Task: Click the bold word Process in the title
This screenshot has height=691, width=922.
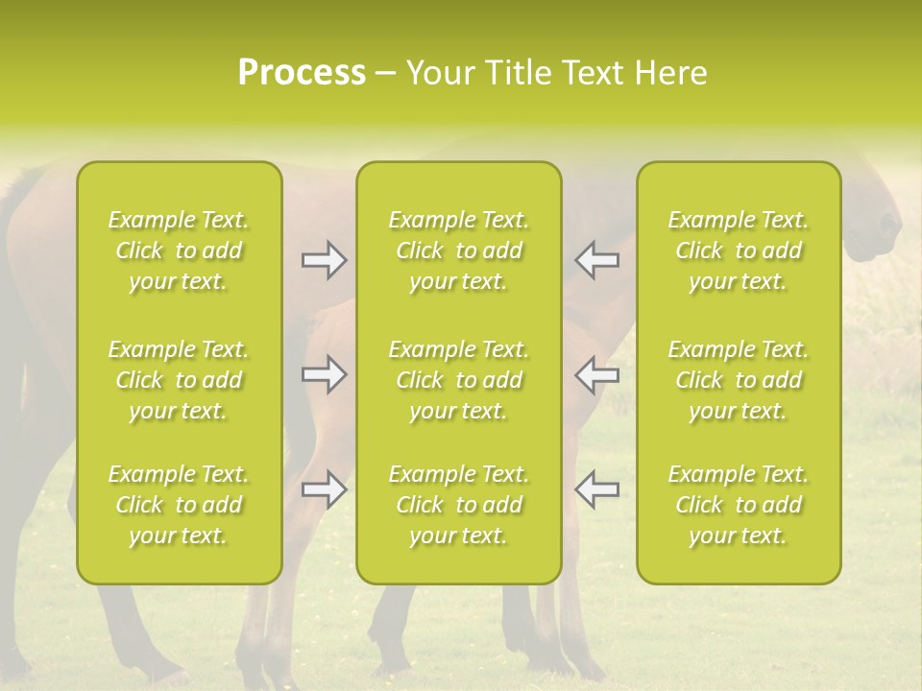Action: [x=302, y=73]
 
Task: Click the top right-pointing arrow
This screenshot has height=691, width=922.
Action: [x=325, y=260]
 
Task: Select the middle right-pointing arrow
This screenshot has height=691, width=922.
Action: [x=325, y=374]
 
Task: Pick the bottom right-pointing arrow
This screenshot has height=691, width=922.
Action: [x=325, y=489]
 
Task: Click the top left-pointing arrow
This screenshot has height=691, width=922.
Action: [x=596, y=260]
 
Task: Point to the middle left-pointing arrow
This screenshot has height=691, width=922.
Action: [x=596, y=374]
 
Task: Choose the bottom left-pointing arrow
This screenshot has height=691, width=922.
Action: [x=596, y=489]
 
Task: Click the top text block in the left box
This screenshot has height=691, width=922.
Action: [x=179, y=250]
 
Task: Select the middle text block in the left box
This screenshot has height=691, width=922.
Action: [x=179, y=380]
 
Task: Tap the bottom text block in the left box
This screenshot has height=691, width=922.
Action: [x=179, y=505]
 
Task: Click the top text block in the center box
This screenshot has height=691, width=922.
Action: [x=459, y=250]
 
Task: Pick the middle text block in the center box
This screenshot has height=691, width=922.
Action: [x=459, y=380]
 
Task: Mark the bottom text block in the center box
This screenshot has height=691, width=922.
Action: [x=459, y=505]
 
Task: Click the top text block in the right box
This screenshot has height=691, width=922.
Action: [x=739, y=250]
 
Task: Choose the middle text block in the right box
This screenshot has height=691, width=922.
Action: [x=739, y=380]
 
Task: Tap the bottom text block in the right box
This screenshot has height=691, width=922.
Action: [x=739, y=505]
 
